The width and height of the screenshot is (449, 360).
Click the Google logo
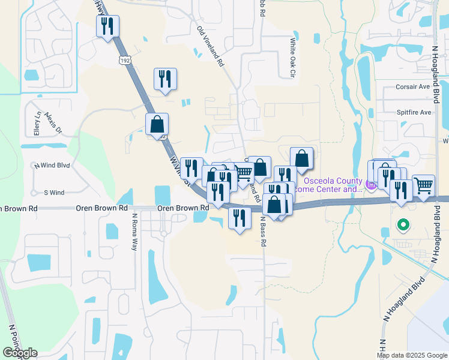coord(20,353)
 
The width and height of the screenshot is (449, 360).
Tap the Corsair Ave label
coord(414,86)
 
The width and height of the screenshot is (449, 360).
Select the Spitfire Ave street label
coord(414,112)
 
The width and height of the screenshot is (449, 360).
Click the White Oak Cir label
coord(293,58)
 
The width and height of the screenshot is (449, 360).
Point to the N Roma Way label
coord(135,231)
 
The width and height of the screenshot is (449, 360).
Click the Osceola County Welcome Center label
coord(331,185)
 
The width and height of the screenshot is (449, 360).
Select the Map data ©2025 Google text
coord(412,355)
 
